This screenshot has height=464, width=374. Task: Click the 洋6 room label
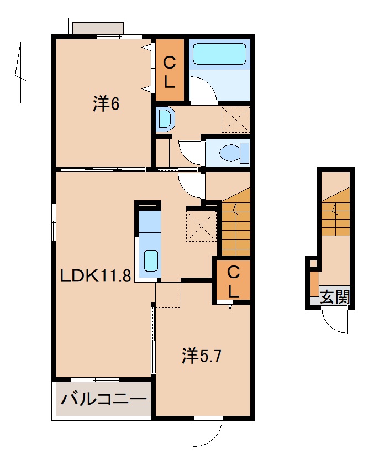pyautogui.click(x=106, y=103)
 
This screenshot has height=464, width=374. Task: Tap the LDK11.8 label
pyautogui.click(x=95, y=275)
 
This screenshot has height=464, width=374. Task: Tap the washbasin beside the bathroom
pyautogui.click(x=165, y=118)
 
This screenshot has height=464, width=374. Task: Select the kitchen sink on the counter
pyautogui.click(x=150, y=260)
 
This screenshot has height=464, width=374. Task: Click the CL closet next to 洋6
pyautogui.click(x=169, y=72)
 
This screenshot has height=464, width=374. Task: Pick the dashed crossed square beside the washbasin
pyautogui.click(x=235, y=119)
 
